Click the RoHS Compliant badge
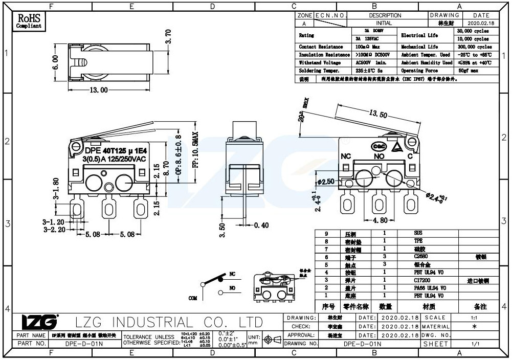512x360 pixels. pos(29,21)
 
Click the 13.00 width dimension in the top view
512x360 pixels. pos(98,91)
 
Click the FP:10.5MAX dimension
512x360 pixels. pos(195,158)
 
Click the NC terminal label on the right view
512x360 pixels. pos(346,155)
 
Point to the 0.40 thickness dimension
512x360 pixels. pos(261,225)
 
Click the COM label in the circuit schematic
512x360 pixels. pos(192,298)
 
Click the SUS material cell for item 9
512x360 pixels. pos(418,233)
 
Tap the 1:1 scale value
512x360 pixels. pos(474,318)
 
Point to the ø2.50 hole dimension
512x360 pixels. pos(326,182)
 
